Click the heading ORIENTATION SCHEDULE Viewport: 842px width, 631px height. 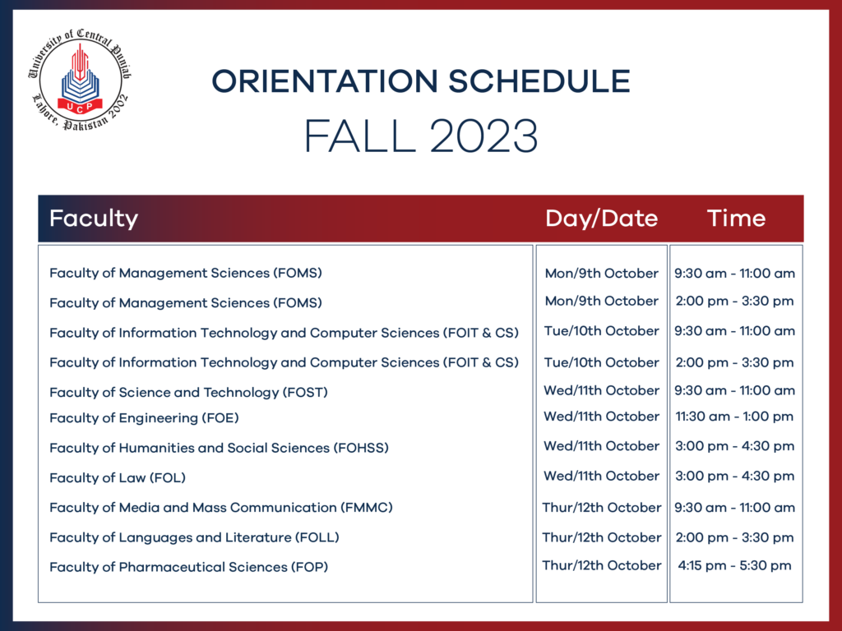point(420,81)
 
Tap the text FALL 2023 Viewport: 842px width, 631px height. point(420,136)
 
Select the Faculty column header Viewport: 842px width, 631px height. point(93,219)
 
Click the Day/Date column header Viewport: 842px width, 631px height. point(601,219)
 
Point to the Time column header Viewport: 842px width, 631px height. point(736,219)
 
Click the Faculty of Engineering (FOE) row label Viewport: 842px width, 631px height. point(144,418)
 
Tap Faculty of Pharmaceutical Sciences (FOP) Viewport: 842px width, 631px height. point(189,567)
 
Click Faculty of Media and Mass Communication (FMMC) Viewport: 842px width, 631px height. point(220,508)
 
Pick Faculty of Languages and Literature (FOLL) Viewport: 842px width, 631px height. point(194,537)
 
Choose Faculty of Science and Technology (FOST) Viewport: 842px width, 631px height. point(188,393)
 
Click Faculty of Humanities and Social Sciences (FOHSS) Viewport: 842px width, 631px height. point(219,448)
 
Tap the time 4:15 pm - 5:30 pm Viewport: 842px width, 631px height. point(734,565)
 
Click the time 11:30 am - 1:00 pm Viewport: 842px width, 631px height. point(734,417)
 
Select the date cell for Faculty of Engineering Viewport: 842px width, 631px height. point(601,417)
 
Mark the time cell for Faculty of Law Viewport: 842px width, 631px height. point(734,476)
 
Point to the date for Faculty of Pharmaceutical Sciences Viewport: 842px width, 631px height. point(601,565)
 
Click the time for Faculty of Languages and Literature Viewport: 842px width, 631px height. point(734,537)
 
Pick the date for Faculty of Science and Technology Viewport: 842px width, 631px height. point(601,390)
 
